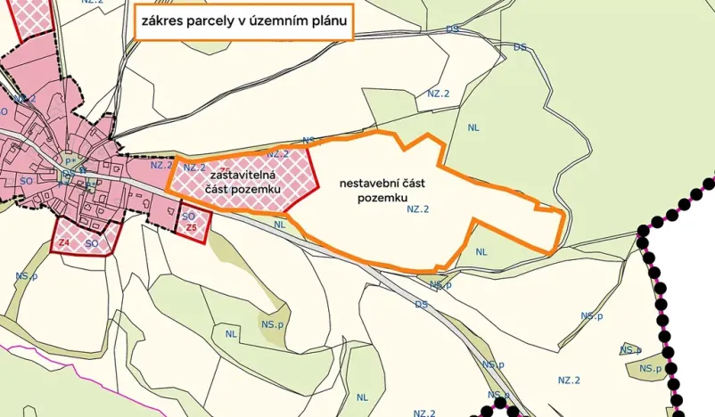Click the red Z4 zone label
[x=64, y=242]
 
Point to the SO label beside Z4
[x=91, y=242]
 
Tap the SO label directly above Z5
[x=188, y=216]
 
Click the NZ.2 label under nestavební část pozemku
[x=418, y=209]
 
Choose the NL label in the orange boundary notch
[x=481, y=252]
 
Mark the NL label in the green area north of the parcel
[x=473, y=127]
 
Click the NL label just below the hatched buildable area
[x=280, y=225]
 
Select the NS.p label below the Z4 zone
[x=26, y=277]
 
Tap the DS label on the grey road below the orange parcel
[x=421, y=304]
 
